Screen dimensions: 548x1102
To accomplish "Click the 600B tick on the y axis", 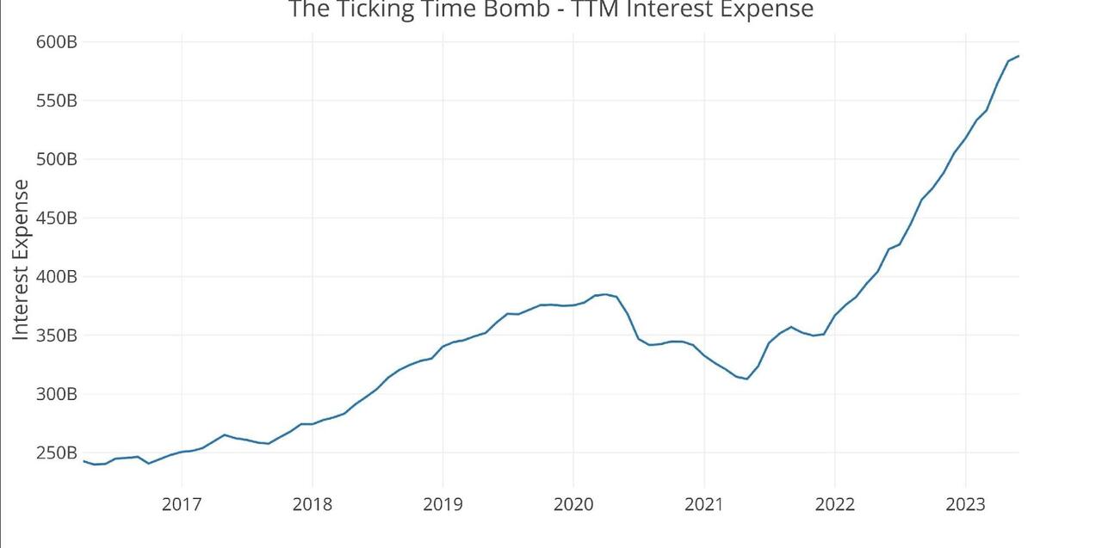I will pyautogui.click(x=57, y=42).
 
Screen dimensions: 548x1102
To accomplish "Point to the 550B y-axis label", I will pyautogui.click(x=57, y=101).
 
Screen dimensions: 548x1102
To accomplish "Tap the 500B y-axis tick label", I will pyautogui.click(x=57, y=159).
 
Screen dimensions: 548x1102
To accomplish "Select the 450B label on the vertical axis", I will pyautogui.click(x=57, y=218).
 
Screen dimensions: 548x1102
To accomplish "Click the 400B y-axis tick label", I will pyautogui.click(x=57, y=277).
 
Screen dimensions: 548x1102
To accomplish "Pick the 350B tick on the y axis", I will pyautogui.click(x=57, y=336).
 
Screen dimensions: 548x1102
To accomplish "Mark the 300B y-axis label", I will pyautogui.click(x=57, y=394).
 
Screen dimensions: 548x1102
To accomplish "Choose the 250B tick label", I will pyautogui.click(x=57, y=453).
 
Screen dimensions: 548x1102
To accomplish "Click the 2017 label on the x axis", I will pyautogui.click(x=182, y=504).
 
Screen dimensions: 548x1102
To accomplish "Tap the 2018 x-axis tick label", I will pyautogui.click(x=313, y=504).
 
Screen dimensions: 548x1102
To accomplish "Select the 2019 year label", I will pyautogui.click(x=443, y=504).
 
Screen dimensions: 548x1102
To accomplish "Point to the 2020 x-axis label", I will pyautogui.click(x=573, y=504).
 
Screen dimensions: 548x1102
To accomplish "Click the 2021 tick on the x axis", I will pyautogui.click(x=704, y=504).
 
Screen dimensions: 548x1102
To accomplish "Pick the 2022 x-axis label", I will pyautogui.click(x=834, y=504).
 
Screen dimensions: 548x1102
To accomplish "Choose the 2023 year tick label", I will pyautogui.click(x=965, y=504).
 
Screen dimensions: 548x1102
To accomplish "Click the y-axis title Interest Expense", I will pyautogui.click(x=21, y=259).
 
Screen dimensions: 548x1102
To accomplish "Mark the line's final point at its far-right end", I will pyautogui.click(x=1018, y=56).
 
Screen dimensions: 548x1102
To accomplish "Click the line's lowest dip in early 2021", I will pyautogui.click(x=746, y=379).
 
